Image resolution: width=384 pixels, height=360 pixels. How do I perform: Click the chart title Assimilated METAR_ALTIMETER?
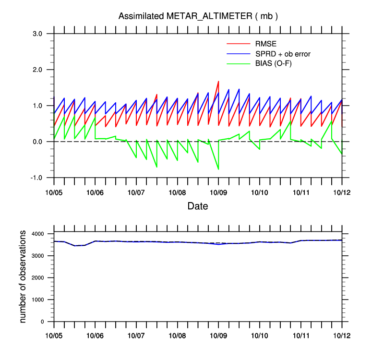[198, 16]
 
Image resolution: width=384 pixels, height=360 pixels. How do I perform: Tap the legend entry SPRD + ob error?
[283, 54]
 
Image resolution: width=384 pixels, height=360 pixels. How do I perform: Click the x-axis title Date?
[198, 206]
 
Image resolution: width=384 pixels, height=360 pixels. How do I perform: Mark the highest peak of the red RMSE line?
[218, 81]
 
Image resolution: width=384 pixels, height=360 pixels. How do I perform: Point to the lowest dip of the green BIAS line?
[218, 169]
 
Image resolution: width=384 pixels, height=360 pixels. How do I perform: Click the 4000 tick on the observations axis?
[39, 234]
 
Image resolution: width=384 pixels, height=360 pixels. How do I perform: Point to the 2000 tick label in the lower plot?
[39, 278]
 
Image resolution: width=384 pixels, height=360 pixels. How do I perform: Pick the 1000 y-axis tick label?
[39, 300]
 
